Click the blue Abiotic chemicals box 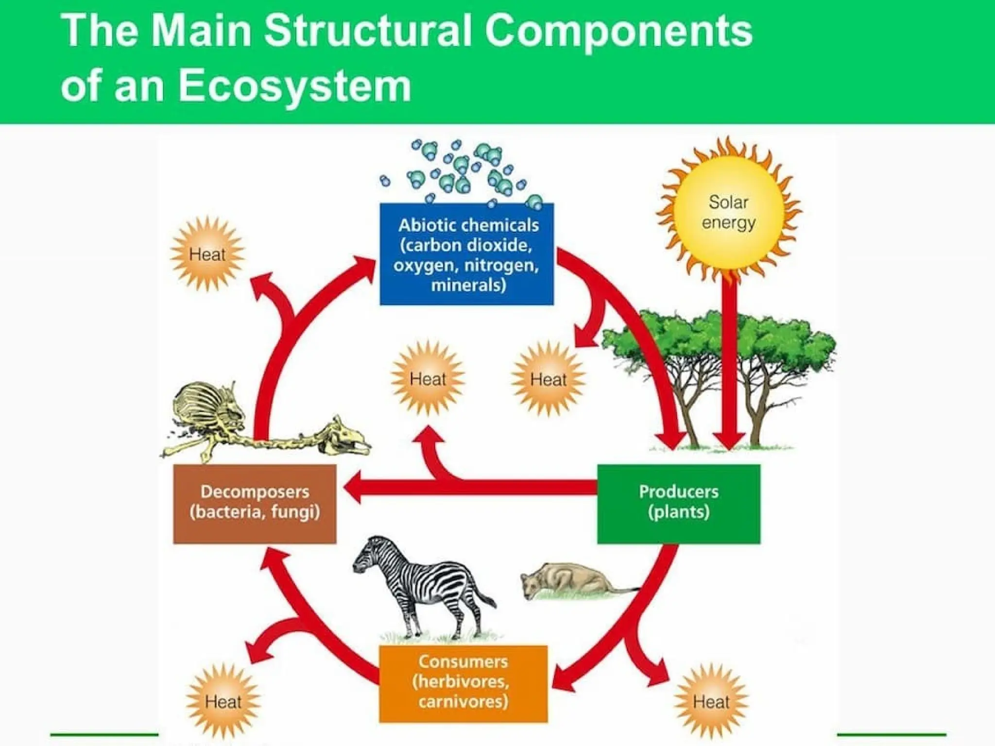click(466, 254)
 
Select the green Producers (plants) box click(678, 503)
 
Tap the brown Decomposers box click(255, 503)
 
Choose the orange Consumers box click(463, 683)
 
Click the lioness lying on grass click(568, 580)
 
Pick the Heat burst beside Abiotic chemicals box click(207, 254)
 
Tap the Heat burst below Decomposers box click(223, 701)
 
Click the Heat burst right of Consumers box click(711, 701)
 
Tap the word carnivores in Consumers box click(463, 702)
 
